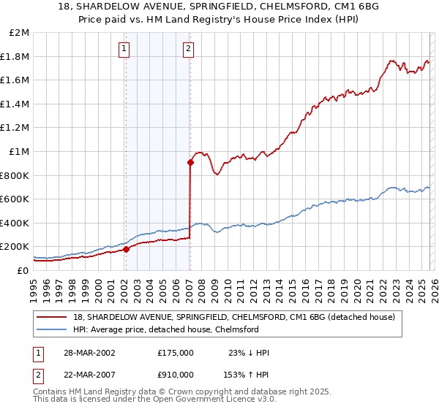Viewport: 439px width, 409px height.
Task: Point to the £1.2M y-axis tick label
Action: click(15, 128)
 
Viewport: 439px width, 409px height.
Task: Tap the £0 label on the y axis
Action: click(23, 270)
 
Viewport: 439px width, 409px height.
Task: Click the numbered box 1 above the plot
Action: click(124, 49)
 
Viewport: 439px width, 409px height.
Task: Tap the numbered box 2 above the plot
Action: click(188, 49)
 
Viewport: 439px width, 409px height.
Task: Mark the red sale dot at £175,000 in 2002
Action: click(126, 249)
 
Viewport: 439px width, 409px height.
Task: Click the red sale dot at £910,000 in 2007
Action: click(190, 163)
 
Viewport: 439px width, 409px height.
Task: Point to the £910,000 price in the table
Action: click(175, 373)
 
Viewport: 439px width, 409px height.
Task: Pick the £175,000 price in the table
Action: click(175, 353)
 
